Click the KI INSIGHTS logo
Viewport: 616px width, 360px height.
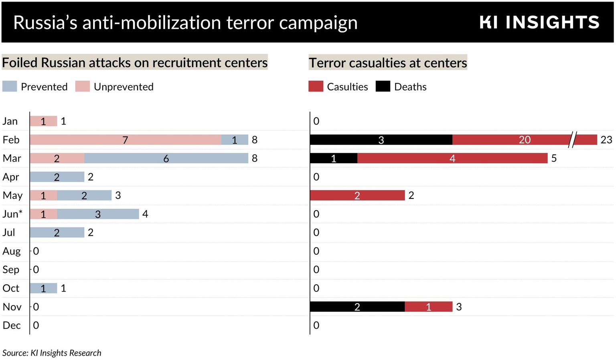click(x=539, y=22)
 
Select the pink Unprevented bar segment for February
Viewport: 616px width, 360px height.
click(x=125, y=140)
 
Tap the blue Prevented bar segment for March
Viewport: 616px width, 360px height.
click(x=166, y=158)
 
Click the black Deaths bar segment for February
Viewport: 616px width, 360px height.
click(x=381, y=140)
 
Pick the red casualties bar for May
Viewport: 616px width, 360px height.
click(x=357, y=195)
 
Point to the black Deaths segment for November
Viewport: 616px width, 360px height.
click(x=357, y=307)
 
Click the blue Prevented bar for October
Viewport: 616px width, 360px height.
click(x=43, y=288)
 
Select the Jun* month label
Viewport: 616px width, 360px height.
click(x=12, y=214)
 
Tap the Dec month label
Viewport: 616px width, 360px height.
click(x=12, y=325)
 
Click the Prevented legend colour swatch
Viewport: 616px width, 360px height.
click(x=10, y=87)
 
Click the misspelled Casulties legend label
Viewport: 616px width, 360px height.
click(x=347, y=87)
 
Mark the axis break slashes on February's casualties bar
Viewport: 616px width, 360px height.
click(x=573, y=140)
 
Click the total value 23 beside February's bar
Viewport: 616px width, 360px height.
click(x=606, y=140)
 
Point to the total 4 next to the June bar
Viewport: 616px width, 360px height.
click(x=145, y=214)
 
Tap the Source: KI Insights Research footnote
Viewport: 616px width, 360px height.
click(x=52, y=353)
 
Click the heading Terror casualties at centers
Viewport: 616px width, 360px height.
click(x=387, y=63)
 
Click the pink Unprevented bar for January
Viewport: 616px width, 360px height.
click(x=43, y=121)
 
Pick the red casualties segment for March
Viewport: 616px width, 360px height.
click(x=452, y=158)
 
